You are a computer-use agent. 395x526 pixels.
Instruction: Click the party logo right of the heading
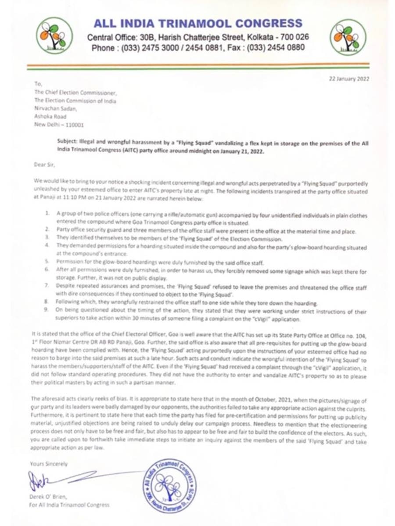click(348, 37)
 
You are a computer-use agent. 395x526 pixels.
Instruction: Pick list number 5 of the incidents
click(47, 261)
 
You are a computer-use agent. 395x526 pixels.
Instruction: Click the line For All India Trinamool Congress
click(69, 505)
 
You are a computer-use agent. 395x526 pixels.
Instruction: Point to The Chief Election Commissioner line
click(75, 93)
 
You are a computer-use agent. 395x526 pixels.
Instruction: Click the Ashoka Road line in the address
click(49, 117)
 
